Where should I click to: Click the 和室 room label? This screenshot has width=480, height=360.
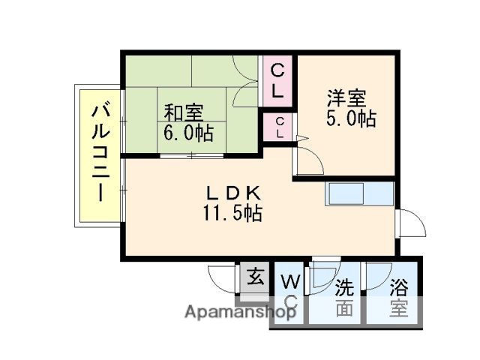click(x=184, y=113)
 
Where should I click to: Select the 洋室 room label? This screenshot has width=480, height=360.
click(x=346, y=98)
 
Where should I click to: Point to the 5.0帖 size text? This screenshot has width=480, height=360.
click(x=351, y=118)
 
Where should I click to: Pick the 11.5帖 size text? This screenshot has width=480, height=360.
click(x=231, y=213)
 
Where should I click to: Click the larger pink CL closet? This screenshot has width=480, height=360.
click(x=277, y=81)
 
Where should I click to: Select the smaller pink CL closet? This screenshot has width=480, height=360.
click(x=279, y=127)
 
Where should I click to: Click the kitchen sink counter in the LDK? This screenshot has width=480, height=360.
click(x=358, y=193)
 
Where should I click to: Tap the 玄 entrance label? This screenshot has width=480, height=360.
click(x=255, y=277)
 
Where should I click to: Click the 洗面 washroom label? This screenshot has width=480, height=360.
click(x=343, y=297)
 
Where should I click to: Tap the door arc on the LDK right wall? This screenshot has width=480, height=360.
click(x=409, y=223)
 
